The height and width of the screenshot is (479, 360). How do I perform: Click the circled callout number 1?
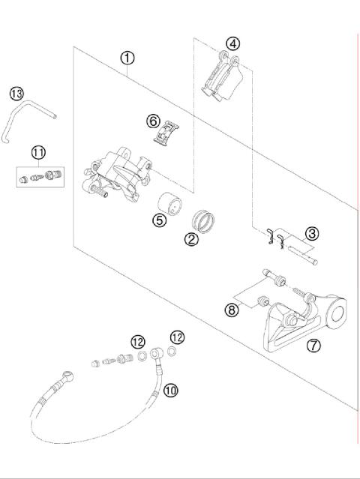128,58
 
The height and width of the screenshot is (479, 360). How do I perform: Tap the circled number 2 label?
192,239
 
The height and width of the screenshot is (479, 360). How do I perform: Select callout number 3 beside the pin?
311,234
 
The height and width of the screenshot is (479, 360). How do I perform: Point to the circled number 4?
234,43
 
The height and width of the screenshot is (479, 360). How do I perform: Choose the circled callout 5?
159,220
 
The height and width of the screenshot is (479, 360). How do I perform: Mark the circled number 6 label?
152,120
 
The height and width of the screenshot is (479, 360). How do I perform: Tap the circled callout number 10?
171,389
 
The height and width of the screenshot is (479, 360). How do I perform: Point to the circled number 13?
16,93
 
